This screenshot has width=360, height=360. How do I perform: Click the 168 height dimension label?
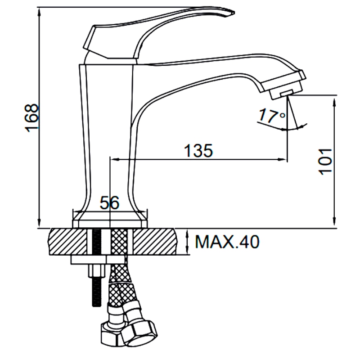coord(31,118)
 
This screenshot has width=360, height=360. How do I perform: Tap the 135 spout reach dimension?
coord(198,151)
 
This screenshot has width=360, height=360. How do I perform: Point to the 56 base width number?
coord(109,203)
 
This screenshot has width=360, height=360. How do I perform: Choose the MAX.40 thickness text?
coord(227,242)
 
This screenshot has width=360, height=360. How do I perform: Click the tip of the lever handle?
coord(234,13)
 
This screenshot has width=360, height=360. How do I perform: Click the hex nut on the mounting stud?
coord(97,271)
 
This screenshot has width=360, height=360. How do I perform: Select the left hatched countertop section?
coord(68,241)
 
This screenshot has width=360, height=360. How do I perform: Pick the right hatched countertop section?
coord(156,241)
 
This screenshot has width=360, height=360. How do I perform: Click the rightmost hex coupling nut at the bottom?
coord(139,332)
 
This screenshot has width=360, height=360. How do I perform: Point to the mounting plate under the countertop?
coord(98,260)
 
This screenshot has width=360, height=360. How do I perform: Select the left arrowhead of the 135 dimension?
coord(114,159)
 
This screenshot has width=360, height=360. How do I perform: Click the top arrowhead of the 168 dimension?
coord(40,11)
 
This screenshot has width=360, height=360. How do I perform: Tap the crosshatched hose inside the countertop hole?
coord(119,241)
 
